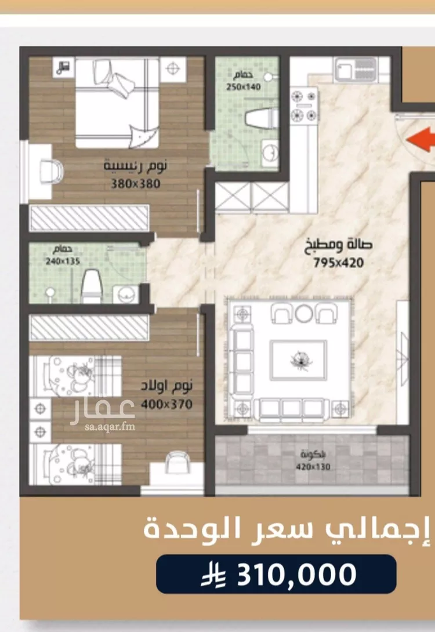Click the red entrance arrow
[421, 140]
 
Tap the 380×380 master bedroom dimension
[136, 184]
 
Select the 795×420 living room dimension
[339, 263]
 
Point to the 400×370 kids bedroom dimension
[166, 404]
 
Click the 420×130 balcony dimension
[313, 467]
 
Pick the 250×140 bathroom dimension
[243, 86]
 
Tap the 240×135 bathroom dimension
[63, 261]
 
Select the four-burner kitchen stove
[304, 106]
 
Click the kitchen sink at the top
[355, 69]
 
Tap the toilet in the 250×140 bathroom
[261, 118]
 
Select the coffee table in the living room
[298, 360]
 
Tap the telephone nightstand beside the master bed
[63, 67]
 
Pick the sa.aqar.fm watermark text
[110, 427]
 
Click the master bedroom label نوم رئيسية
[136, 166]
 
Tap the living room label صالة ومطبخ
[338, 245]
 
